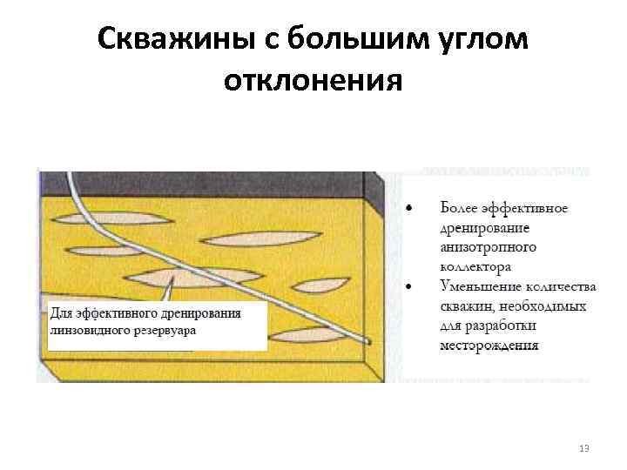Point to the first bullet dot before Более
tap(410, 209)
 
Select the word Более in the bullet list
tap(459, 209)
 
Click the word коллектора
tap(475, 266)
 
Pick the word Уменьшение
tap(480, 286)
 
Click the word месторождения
tap(489, 346)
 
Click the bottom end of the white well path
tap(368, 341)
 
